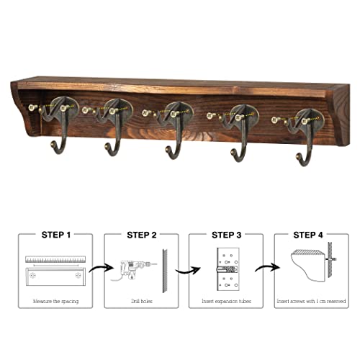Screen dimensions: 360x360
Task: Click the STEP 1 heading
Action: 56,235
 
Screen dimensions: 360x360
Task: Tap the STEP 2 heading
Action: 142,235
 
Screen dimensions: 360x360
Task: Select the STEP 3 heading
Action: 226,235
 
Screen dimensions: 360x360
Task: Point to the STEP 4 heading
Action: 308,235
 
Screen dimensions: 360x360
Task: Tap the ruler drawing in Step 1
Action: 55,259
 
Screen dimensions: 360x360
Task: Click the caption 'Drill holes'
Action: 142,301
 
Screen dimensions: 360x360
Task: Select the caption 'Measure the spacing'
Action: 55,301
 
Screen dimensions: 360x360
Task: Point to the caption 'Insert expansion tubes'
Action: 226,301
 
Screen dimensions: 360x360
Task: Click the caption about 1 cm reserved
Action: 311,301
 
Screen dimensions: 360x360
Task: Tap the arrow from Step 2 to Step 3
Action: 188,271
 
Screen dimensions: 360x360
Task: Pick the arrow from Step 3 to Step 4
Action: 268,266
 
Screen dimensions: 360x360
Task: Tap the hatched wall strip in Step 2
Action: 165,271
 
